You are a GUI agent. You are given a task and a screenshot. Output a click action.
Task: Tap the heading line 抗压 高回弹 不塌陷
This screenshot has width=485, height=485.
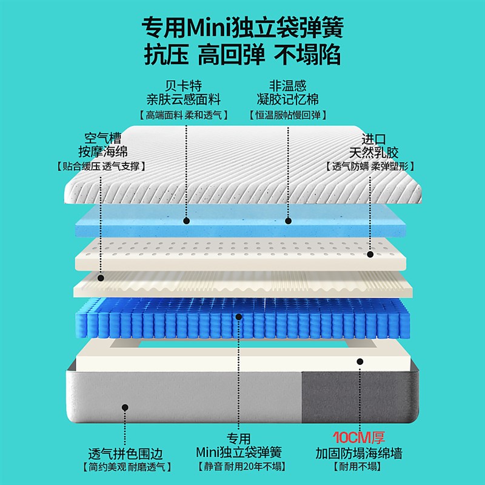coord(242,55)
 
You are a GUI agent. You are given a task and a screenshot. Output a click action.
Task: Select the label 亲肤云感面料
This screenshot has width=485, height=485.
coord(183,99)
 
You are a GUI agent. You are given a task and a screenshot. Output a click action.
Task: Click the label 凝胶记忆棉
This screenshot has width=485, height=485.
coord(288,99)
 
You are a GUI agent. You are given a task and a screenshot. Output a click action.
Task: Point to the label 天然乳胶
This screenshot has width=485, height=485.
coord(373,152)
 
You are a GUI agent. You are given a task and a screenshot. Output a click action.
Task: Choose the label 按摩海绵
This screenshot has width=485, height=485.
coord(100,152)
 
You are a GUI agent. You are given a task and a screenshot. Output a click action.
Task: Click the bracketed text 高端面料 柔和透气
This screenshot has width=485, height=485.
coord(183,115)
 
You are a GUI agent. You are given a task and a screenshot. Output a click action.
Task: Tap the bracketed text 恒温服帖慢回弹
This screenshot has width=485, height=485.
coord(288,115)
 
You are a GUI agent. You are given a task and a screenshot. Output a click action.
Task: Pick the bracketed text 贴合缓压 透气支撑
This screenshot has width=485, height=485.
coord(100,166)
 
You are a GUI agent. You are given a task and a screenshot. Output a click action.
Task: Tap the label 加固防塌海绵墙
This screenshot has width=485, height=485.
coord(359,453)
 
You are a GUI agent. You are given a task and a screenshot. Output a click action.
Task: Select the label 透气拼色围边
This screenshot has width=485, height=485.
coord(125,453)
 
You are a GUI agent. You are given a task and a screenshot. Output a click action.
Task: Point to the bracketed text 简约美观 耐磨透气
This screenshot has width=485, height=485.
coord(125,467)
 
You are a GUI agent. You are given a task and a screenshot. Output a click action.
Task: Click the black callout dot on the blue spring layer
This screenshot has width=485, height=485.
coord(239,316)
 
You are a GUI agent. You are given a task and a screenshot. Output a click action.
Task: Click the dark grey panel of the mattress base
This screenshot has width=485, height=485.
coord(358,397)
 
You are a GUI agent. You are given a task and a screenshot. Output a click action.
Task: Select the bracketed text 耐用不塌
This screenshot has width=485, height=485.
coord(359,467)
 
